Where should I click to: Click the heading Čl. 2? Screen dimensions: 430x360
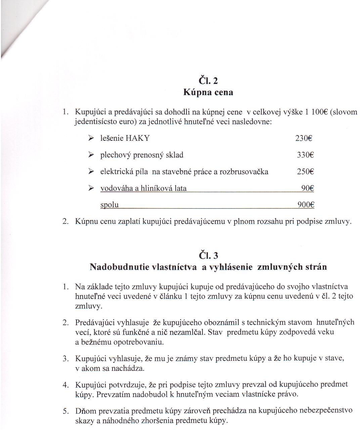(208, 81)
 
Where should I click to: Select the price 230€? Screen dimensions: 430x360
(304, 138)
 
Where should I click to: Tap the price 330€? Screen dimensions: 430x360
(305, 155)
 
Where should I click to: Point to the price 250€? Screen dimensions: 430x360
(305, 172)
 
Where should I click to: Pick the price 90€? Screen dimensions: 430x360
(307, 188)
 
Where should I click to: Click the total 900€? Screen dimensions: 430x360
(306, 205)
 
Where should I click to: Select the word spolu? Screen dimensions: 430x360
(109, 205)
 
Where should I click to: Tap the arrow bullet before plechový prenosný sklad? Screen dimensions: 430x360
(91, 155)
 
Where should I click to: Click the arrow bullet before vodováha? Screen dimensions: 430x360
(91, 188)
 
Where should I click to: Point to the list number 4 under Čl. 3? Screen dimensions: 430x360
(65, 385)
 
